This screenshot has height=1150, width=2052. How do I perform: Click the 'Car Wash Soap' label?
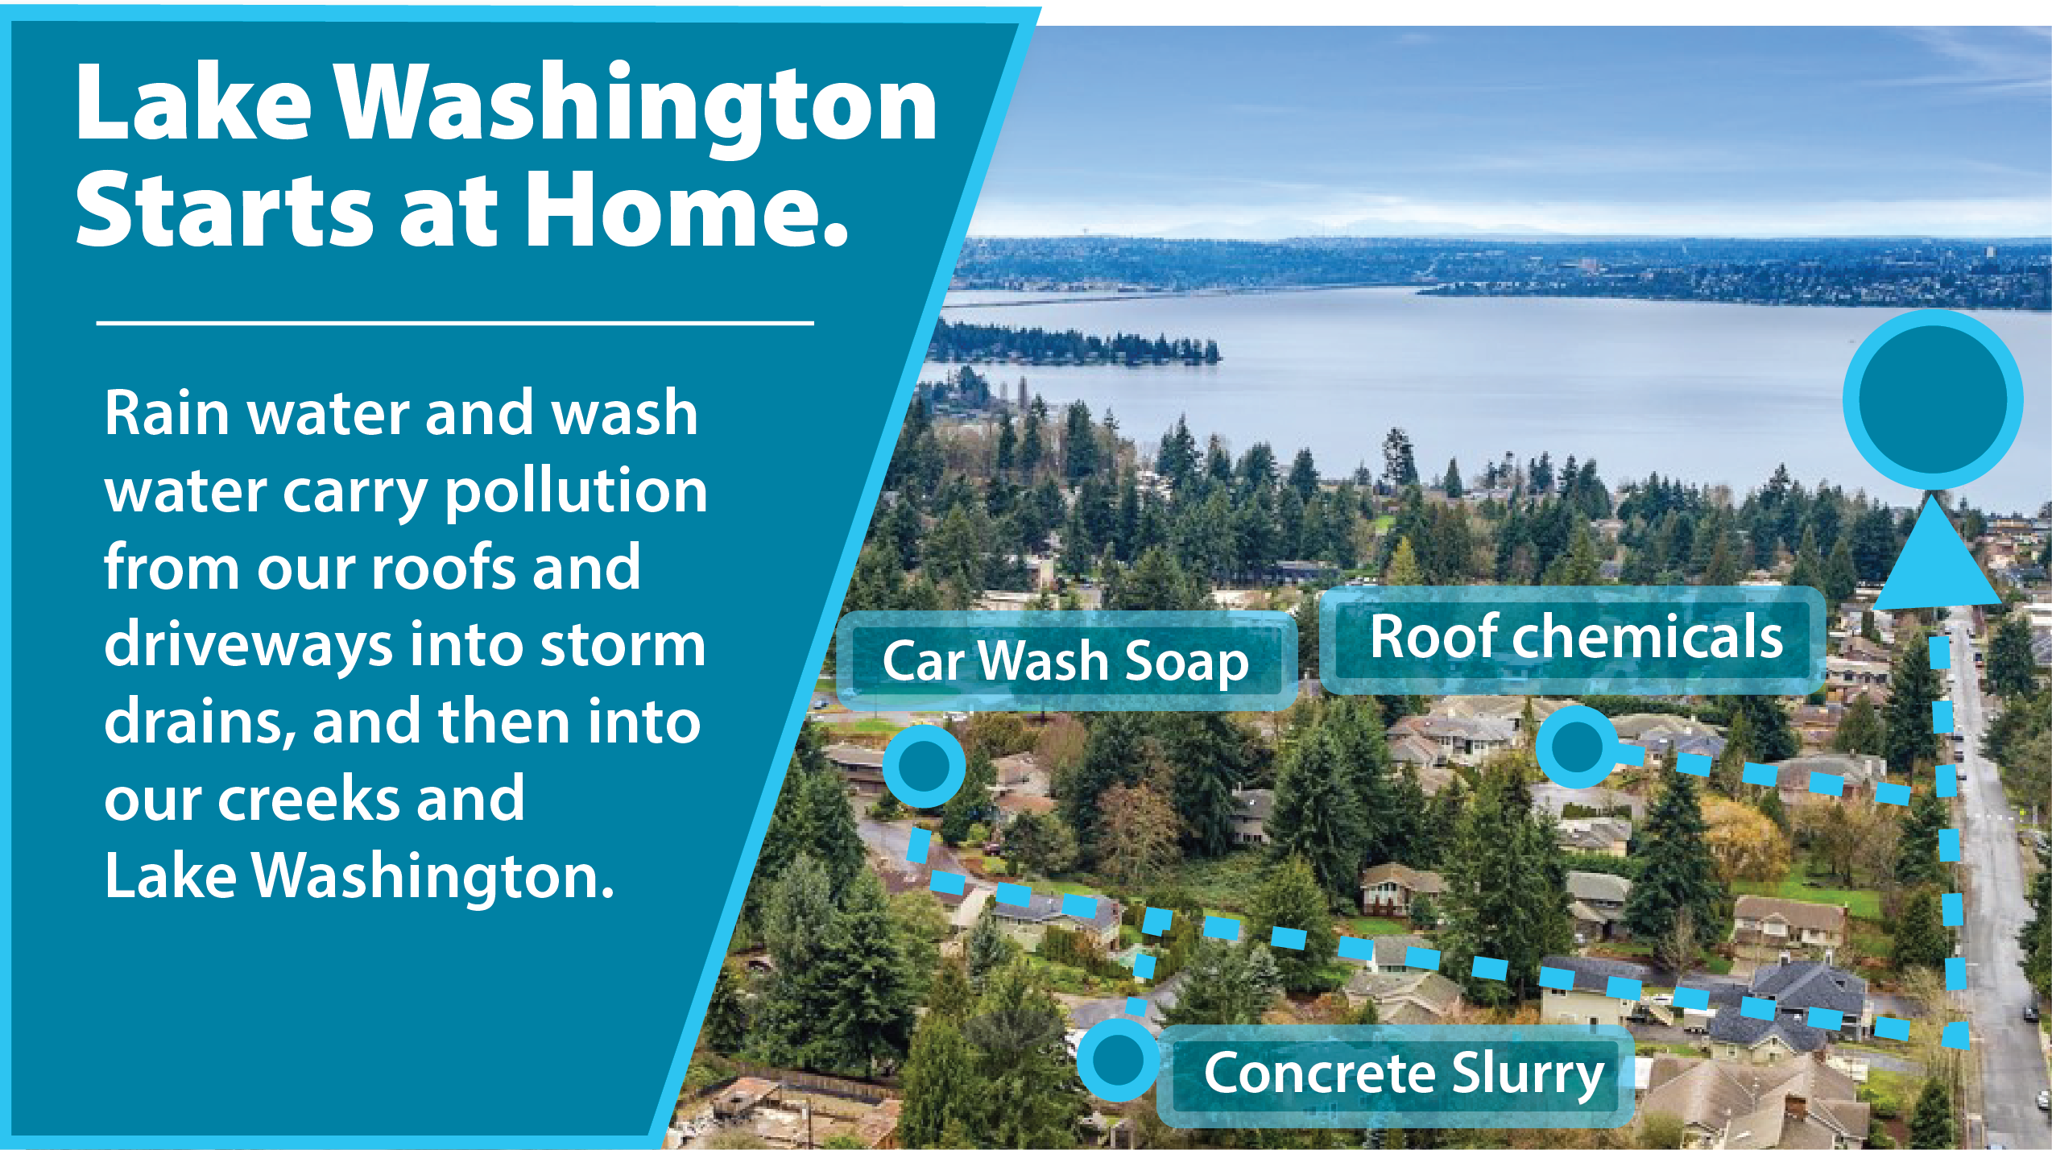1066,661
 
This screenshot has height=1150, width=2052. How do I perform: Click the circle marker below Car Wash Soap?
924,766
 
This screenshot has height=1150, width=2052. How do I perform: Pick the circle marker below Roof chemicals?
1576,747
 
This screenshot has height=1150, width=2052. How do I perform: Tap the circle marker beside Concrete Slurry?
1119,1060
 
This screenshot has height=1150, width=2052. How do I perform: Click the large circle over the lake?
1933,399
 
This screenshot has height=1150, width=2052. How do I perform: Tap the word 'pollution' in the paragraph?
576,491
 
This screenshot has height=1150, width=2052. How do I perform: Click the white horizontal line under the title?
455,324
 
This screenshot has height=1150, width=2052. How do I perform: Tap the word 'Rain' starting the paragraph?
168,413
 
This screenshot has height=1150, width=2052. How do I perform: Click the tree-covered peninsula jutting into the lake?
1076,344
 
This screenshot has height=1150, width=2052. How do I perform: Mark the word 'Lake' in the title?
193,103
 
